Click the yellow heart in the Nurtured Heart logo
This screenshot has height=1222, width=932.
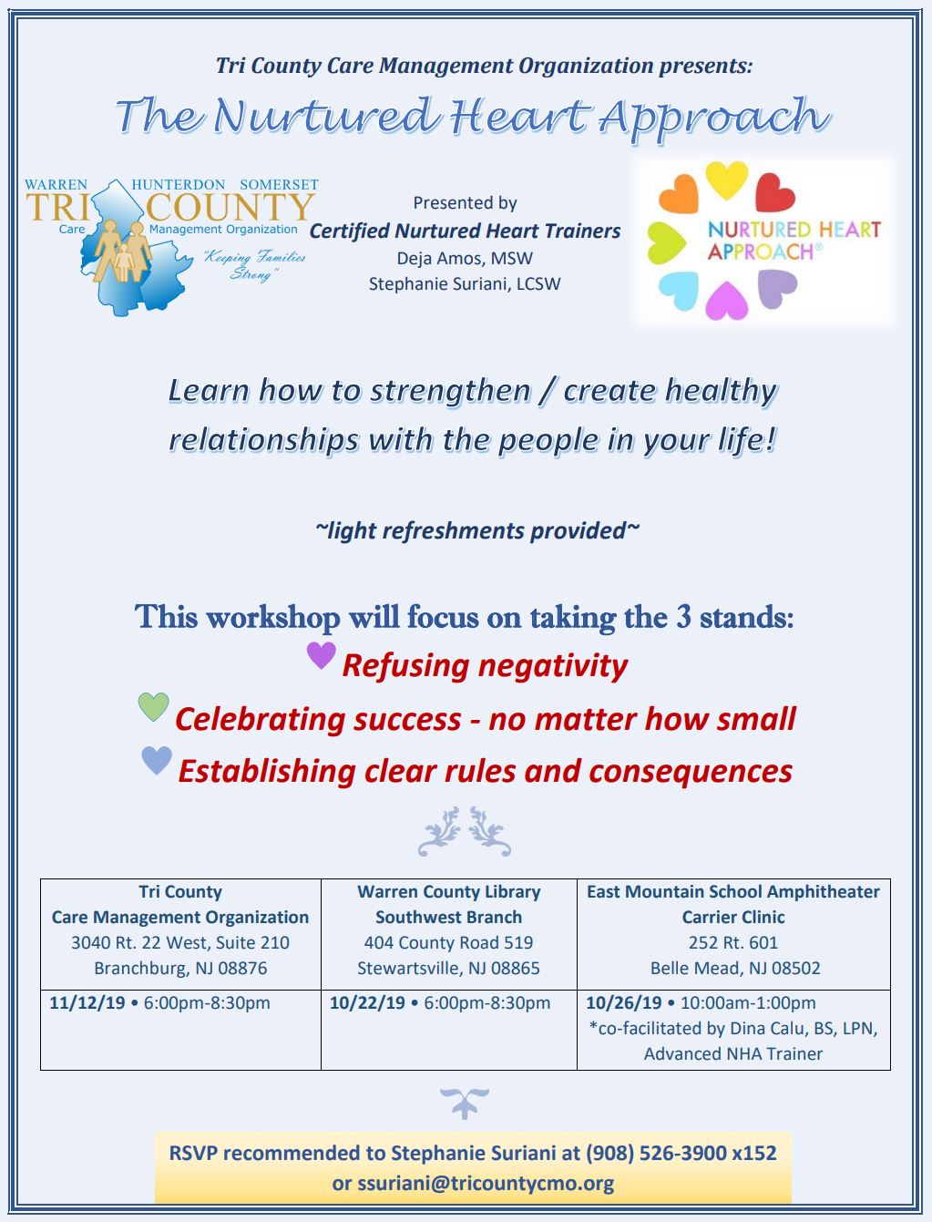(x=726, y=180)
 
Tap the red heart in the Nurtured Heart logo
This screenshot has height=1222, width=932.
(x=774, y=192)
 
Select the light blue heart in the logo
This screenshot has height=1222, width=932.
(x=679, y=290)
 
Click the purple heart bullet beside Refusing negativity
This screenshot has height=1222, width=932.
(x=321, y=654)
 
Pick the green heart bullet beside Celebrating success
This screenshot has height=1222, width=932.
(x=154, y=706)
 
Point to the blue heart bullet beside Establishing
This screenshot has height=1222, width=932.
(x=157, y=760)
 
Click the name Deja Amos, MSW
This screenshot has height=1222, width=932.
(x=465, y=258)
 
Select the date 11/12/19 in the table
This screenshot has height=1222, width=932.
(x=87, y=1002)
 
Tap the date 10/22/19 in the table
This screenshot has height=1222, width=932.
(x=367, y=1002)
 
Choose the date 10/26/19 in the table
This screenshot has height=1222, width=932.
(x=624, y=1002)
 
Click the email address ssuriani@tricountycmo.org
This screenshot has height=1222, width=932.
(x=486, y=1183)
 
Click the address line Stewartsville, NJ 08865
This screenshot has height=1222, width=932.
(x=448, y=968)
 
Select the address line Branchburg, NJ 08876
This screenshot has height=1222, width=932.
(x=180, y=968)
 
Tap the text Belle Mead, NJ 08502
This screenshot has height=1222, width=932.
(x=735, y=968)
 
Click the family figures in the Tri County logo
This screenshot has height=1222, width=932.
(x=123, y=250)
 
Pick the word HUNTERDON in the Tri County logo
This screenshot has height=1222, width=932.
(x=178, y=184)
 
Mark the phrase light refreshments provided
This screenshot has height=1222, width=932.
(x=477, y=530)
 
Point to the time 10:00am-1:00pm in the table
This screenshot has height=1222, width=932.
(x=748, y=1002)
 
